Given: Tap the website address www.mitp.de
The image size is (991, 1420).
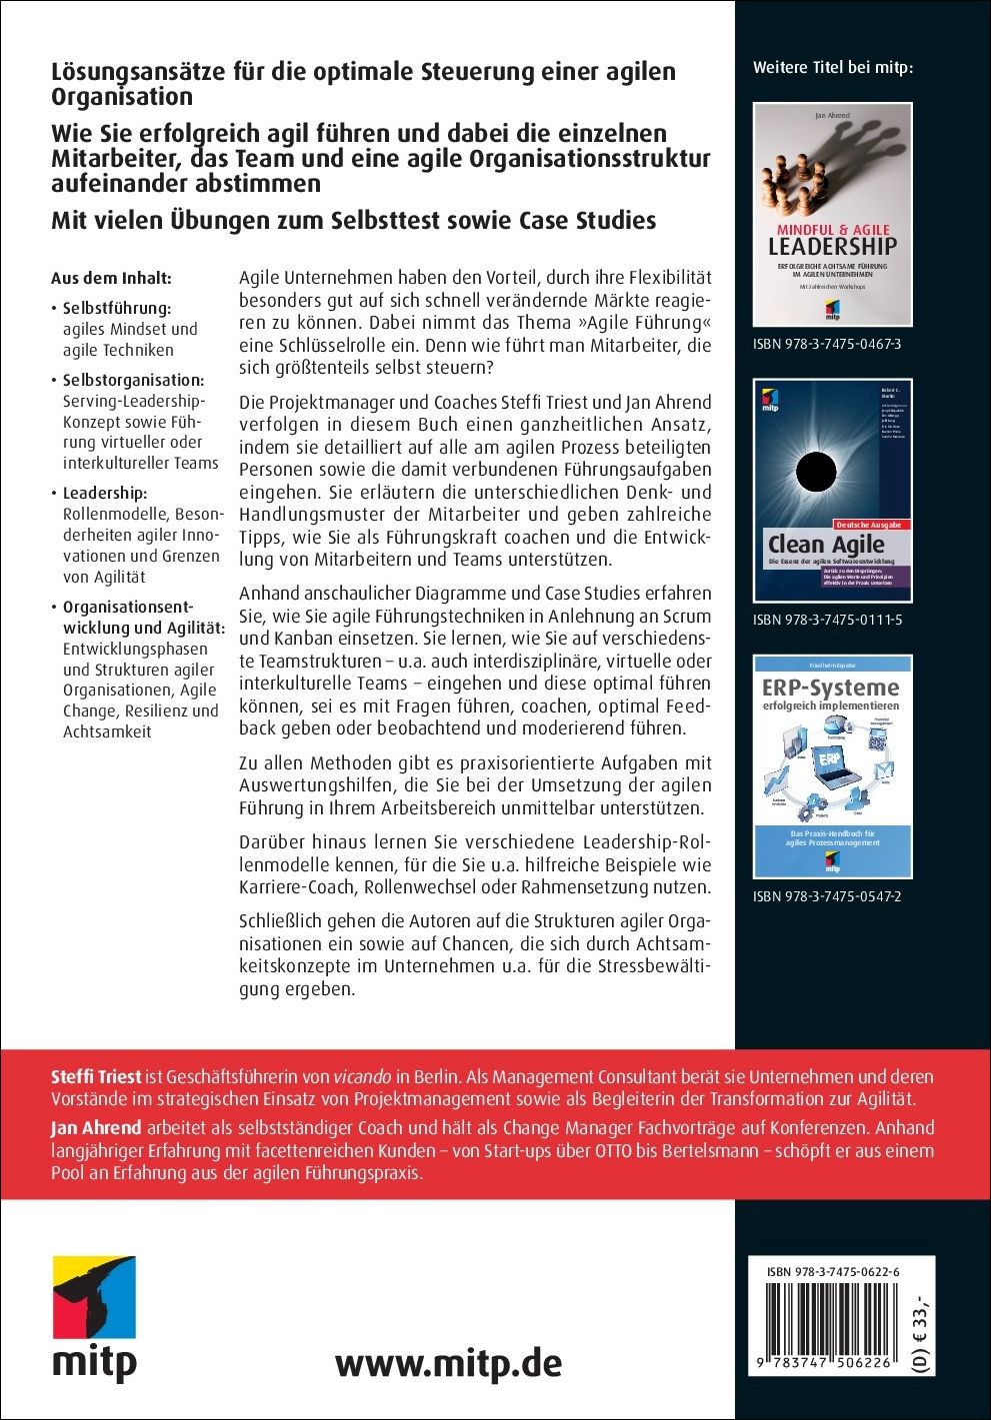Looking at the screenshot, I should (x=448, y=1363).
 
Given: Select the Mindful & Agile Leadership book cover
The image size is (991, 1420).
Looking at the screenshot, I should (x=832, y=214).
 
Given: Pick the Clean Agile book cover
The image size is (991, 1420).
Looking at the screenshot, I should (x=832, y=490).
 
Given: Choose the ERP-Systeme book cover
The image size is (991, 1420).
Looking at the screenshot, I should (x=832, y=765).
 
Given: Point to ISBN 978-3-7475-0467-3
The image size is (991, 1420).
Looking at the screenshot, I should (x=827, y=344).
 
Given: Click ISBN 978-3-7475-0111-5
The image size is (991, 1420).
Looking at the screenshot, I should (x=827, y=620).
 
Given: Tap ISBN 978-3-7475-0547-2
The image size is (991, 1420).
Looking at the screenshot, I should (x=827, y=896).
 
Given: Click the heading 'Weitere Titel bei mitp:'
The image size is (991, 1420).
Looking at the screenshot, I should (x=832, y=68).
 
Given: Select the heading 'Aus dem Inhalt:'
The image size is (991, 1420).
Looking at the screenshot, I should (x=110, y=278).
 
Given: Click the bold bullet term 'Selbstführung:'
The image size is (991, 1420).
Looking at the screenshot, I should (x=116, y=308).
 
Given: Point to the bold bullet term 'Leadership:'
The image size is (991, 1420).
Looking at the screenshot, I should (x=104, y=493).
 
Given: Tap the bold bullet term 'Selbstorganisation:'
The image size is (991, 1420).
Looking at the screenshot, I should (x=133, y=380).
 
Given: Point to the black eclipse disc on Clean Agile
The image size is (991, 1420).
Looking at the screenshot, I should (x=815, y=470).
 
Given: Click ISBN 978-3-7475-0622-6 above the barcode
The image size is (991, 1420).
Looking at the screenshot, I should (x=833, y=1271).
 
